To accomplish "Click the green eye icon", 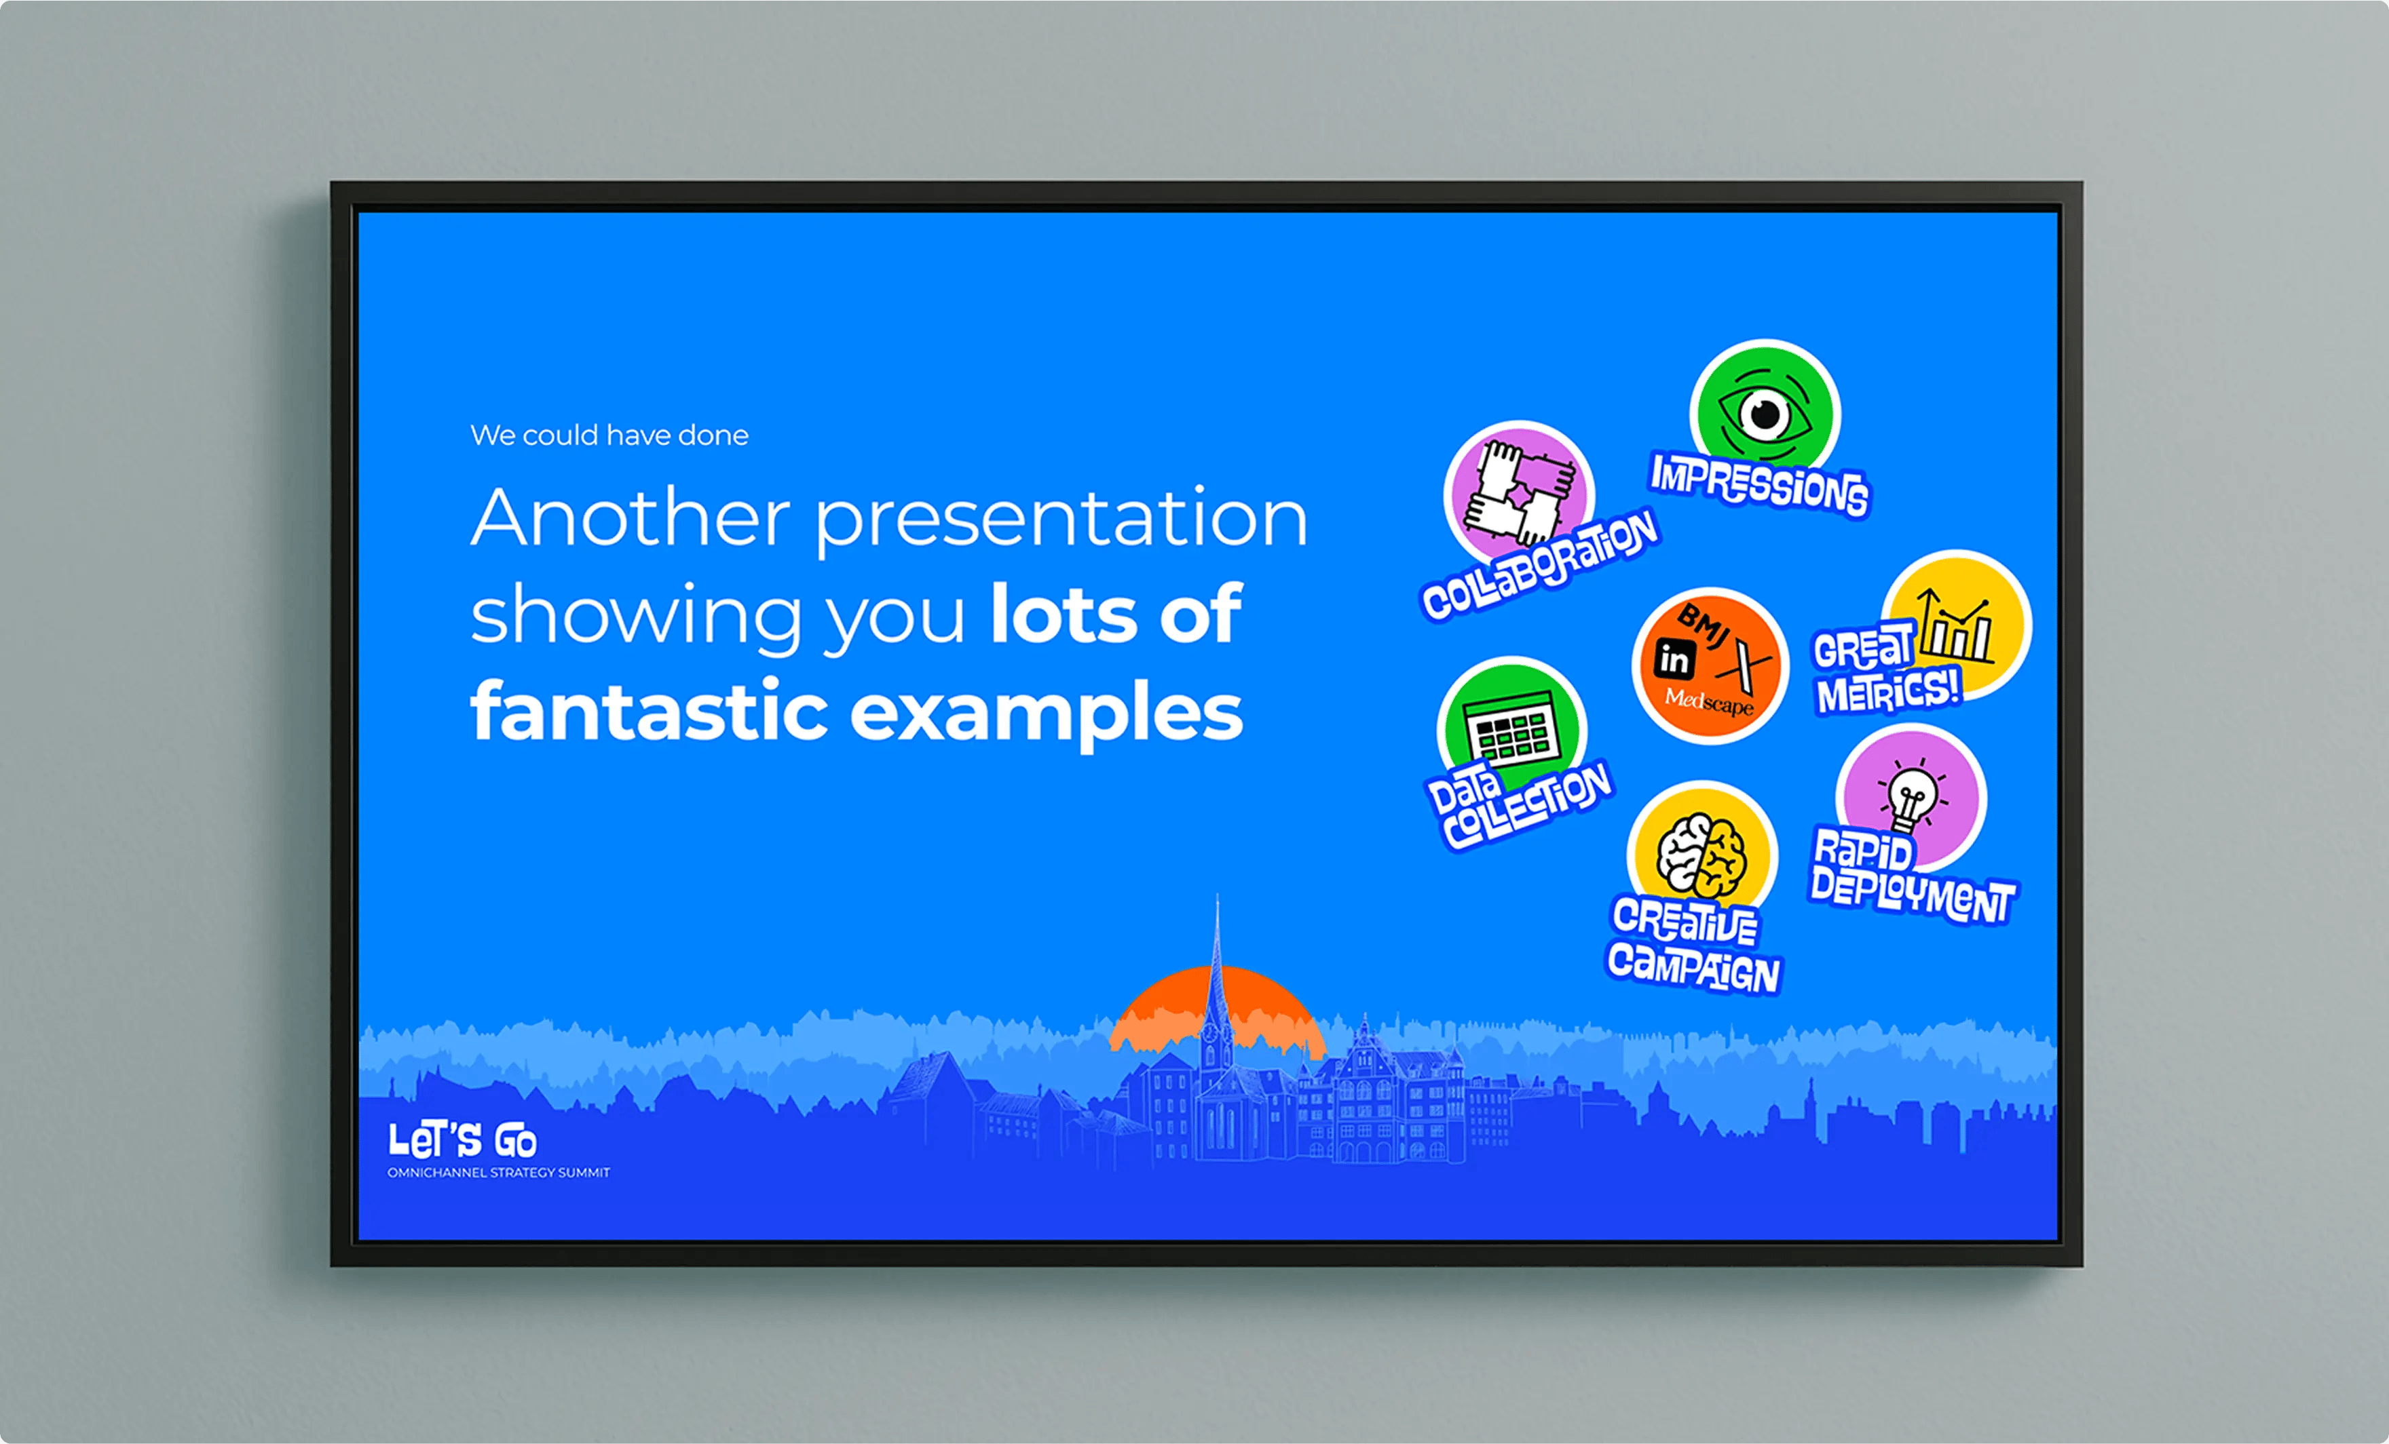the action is pos(1765,413).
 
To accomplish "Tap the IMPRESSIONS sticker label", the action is pos(1760,484).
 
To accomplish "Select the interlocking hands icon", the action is pos(1518,492).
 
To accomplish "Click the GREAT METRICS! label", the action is pos(1887,669).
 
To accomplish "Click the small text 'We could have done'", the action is pos(609,435).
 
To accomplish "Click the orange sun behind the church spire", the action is pos(1218,1008).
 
